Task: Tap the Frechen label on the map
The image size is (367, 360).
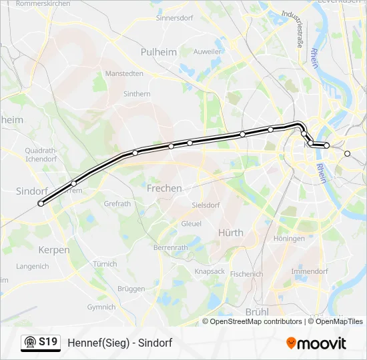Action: (164, 189)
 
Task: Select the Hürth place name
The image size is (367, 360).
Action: (231, 233)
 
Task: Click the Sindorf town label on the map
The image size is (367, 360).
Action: (31, 191)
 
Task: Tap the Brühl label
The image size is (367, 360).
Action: (257, 311)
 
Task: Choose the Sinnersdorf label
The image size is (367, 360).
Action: (174, 18)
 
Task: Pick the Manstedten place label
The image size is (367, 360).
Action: (124, 73)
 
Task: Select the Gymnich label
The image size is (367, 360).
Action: (101, 307)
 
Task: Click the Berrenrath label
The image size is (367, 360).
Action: (171, 247)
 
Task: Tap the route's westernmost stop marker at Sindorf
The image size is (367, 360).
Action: (41, 204)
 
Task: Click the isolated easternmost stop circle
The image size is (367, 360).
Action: (347, 154)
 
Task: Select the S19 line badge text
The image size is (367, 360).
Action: (47, 342)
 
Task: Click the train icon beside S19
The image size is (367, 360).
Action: (29, 343)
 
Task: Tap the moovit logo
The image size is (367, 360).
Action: (316, 343)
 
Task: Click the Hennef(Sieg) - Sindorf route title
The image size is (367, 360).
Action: (120, 343)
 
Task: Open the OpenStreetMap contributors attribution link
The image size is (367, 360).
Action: (256, 321)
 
